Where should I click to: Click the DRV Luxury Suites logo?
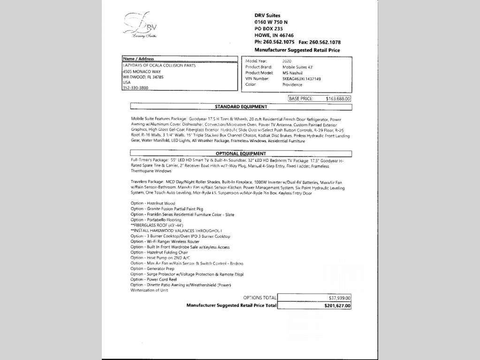coord(140,25)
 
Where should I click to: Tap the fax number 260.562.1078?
coord(325,42)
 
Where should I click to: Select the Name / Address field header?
coord(138,59)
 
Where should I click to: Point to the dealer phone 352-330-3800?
coord(135,88)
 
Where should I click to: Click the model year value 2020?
coord(287,61)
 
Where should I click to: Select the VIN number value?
coord(301,79)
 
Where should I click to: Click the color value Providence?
coord(292,85)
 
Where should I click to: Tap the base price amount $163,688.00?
coord(338,99)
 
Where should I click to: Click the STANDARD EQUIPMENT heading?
coord(241,107)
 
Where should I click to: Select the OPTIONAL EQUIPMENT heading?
coord(241,154)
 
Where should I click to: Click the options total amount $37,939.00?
coord(340,298)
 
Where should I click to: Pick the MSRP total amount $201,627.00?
coord(337,306)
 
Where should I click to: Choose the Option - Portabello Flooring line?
coord(156,220)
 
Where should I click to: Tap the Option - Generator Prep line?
coord(152,269)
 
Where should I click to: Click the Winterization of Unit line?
coord(149,290)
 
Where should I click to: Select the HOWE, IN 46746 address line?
coord(274,35)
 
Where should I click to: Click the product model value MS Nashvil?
coord(292,73)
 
